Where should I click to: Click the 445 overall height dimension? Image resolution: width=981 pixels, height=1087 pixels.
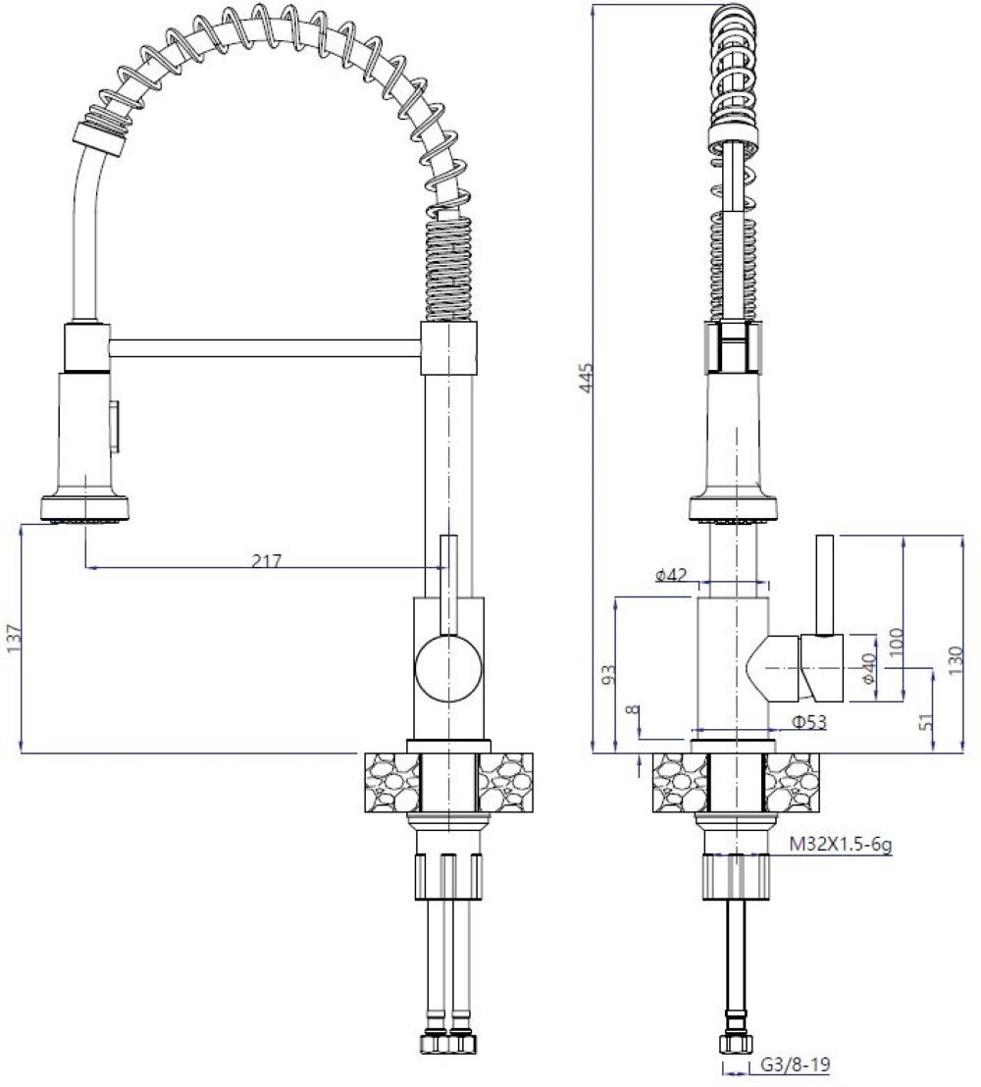pyautogui.click(x=588, y=378)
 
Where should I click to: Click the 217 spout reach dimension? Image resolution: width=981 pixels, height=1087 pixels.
pyautogui.click(x=267, y=560)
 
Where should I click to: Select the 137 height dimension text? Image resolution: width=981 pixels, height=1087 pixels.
pyautogui.click(x=14, y=639)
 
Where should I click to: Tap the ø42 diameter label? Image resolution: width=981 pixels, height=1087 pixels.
pyautogui.click(x=670, y=575)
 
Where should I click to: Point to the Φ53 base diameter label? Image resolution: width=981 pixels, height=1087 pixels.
pyautogui.click(x=809, y=721)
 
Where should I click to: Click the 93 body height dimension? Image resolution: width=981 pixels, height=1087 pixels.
pyautogui.click(x=608, y=674)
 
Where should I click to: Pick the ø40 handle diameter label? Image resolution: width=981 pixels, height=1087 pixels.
pyautogui.click(x=869, y=668)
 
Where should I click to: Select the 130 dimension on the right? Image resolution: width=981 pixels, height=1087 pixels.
pyautogui.click(x=956, y=661)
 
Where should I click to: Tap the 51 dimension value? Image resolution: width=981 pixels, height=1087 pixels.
pyautogui.click(x=926, y=722)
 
